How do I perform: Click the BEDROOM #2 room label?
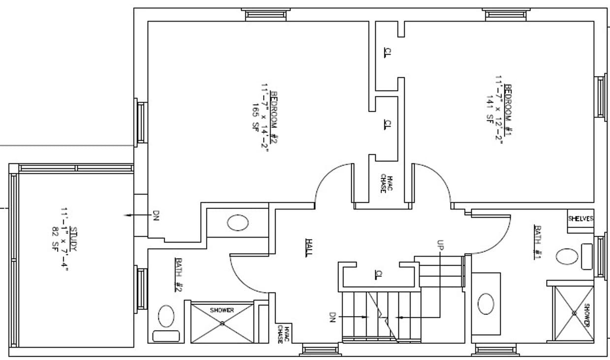point(274,117)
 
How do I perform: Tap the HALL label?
point(309,247)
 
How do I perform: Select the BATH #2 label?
point(178,274)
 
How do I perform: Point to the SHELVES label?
point(580,218)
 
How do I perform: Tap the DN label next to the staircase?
point(332,317)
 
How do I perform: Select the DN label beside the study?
point(156,215)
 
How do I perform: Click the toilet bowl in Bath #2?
point(166,316)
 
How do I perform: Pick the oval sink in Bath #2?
point(238,223)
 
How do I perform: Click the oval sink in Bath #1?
point(486,303)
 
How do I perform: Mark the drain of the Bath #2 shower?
point(222,323)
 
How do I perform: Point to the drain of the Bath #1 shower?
point(574,313)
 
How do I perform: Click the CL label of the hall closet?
point(378,273)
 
